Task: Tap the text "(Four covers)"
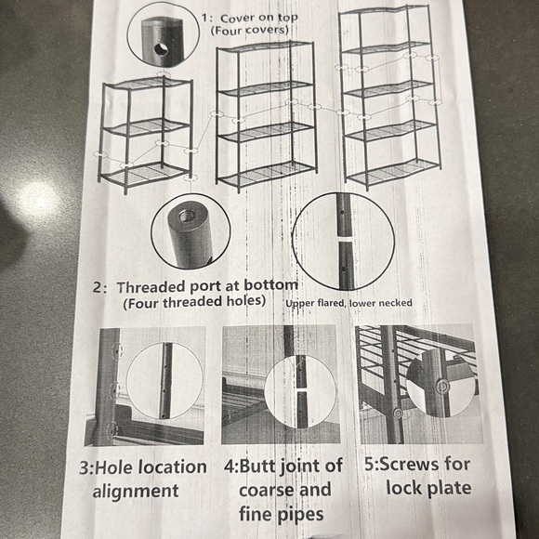point(249,31)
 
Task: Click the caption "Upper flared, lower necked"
point(348,303)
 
